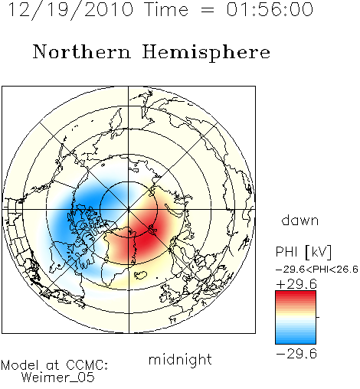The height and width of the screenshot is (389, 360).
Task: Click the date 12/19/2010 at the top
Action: point(70,9)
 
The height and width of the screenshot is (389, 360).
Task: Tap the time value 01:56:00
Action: point(270,9)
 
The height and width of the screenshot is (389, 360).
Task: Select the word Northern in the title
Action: point(82,51)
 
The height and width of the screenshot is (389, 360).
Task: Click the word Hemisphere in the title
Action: point(206,53)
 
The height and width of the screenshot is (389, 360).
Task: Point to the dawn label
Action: point(300,220)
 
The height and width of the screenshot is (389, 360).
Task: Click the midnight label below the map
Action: point(180,359)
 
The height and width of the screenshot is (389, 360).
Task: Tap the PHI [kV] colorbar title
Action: point(303,252)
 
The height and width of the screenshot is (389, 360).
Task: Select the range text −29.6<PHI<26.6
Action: point(317,269)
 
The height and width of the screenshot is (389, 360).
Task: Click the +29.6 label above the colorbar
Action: point(296,284)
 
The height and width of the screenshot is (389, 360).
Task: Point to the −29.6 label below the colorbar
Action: point(296,354)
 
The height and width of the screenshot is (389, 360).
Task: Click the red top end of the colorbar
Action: point(296,293)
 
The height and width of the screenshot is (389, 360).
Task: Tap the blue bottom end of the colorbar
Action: point(296,341)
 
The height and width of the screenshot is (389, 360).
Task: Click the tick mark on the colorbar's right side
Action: point(318,317)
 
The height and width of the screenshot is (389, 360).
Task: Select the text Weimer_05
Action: point(58,377)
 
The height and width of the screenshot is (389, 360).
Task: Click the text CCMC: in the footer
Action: point(87,365)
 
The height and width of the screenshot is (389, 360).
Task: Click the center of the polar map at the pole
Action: point(129,209)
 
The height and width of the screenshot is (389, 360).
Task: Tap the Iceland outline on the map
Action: point(141,275)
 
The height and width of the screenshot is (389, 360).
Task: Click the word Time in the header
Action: point(166,9)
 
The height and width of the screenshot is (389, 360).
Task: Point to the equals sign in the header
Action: point(208,10)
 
